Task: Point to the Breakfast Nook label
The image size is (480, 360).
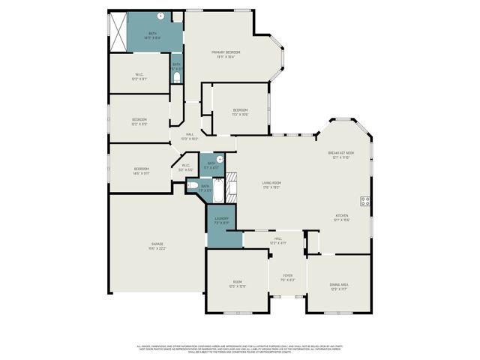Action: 340,155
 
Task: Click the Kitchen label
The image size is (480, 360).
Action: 341,217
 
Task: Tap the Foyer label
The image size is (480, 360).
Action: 287,277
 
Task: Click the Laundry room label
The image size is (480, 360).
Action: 221,220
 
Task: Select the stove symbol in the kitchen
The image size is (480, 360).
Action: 365,200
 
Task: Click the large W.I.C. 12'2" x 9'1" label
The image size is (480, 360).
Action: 139,76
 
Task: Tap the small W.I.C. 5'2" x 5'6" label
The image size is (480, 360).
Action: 185,168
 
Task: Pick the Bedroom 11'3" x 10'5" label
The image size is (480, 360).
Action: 239,112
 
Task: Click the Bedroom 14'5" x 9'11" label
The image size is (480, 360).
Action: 142,171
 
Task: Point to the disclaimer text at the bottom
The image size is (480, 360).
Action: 240,349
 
